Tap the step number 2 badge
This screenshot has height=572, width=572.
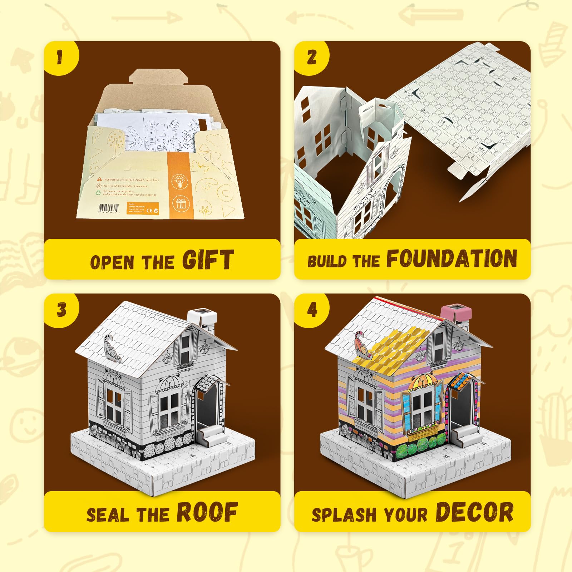coord(311,57)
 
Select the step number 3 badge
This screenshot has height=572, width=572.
coord(61,310)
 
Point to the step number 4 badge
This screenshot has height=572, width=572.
coord(312,310)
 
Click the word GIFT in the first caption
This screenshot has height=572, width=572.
coord(208,260)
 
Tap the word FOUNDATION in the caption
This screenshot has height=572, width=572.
coord(452,259)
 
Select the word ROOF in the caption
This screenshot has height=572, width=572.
coord(207,512)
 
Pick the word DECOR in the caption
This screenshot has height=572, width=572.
coord(474,512)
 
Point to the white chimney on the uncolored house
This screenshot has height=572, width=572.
coord(202,318)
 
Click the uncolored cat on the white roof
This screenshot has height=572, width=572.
coord(111,346)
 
